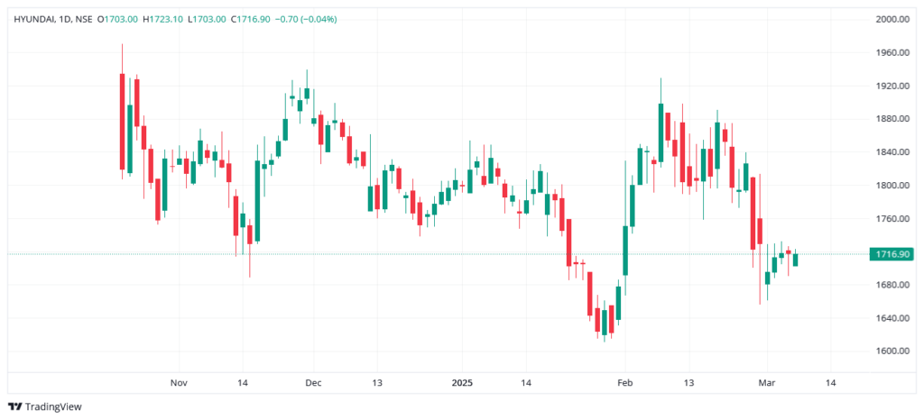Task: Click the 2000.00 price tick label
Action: point(892,19)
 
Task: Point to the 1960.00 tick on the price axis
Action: point(892,52)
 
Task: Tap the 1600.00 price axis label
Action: point(892,352)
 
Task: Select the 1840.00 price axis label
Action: point(892,152)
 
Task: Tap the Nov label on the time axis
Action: point(179,382)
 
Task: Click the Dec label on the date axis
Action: point(313,382)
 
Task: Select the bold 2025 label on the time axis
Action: point(461,382)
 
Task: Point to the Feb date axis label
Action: point(624,382)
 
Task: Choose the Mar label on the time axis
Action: point(768,382)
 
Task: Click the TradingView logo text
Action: point(53,406)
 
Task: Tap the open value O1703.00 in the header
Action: point(119,19)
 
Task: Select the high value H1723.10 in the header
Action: point(163,19)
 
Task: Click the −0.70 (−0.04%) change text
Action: point(307,19)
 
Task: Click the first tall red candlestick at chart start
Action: point(122,121)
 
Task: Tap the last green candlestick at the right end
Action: point(795,260)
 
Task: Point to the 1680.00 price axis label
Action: point(892,285)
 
